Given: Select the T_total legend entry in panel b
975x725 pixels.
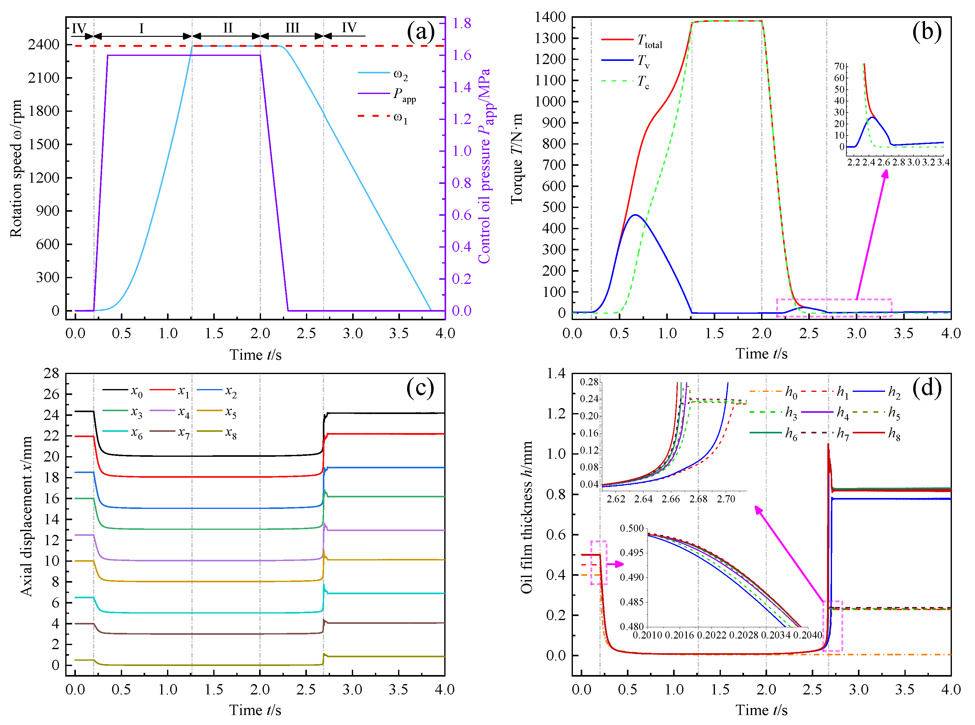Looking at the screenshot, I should tap(632, 41).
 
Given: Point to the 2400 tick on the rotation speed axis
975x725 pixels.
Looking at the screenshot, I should tap(43, 44).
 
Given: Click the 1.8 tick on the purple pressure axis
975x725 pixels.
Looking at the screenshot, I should tap(462, 23).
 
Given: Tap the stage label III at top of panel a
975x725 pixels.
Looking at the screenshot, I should tap(292, 28).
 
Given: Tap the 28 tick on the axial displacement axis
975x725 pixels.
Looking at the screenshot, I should tap(51, 373).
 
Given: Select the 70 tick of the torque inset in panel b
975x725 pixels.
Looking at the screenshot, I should tap(839, 66).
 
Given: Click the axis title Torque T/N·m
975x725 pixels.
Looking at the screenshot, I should tap(517, 158).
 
